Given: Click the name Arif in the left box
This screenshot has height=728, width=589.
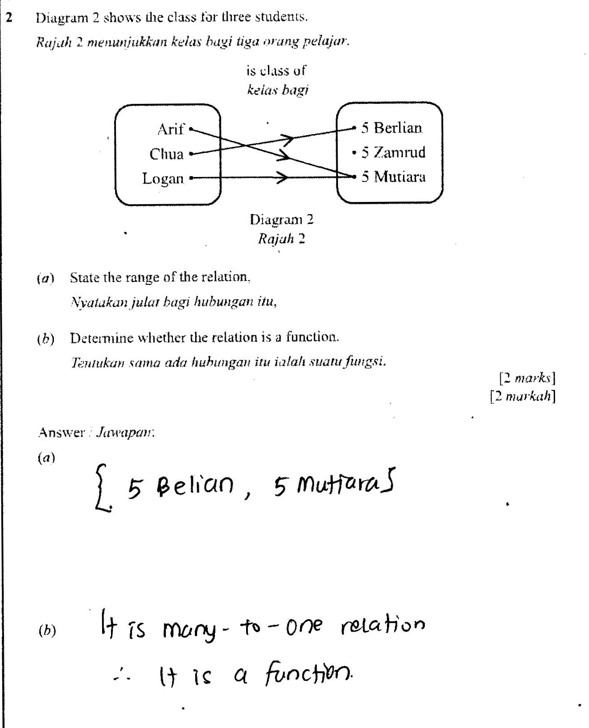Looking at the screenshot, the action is (170, 129).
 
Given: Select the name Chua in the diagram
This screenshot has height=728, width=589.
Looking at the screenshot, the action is (166, 154).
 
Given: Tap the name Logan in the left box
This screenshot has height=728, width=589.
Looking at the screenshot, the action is (163, 178).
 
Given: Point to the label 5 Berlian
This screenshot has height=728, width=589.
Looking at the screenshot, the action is (391, 128).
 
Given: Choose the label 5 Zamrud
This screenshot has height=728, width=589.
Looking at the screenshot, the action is (393, 152).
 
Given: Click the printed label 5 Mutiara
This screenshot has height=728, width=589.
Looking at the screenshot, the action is (393, 177).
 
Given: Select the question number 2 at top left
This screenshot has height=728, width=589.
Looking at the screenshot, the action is (9, 18).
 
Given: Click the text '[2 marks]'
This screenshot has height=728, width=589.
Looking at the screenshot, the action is (527, 378).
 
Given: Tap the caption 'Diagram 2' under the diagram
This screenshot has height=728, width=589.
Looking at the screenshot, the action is (281, 219).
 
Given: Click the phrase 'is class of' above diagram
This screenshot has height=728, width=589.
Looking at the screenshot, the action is (276, 70).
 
